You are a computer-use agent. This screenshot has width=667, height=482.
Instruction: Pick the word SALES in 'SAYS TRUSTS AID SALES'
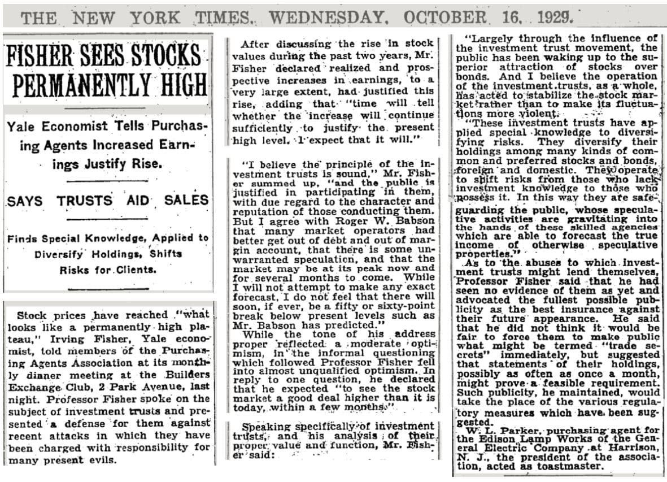[x=186, y=200]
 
